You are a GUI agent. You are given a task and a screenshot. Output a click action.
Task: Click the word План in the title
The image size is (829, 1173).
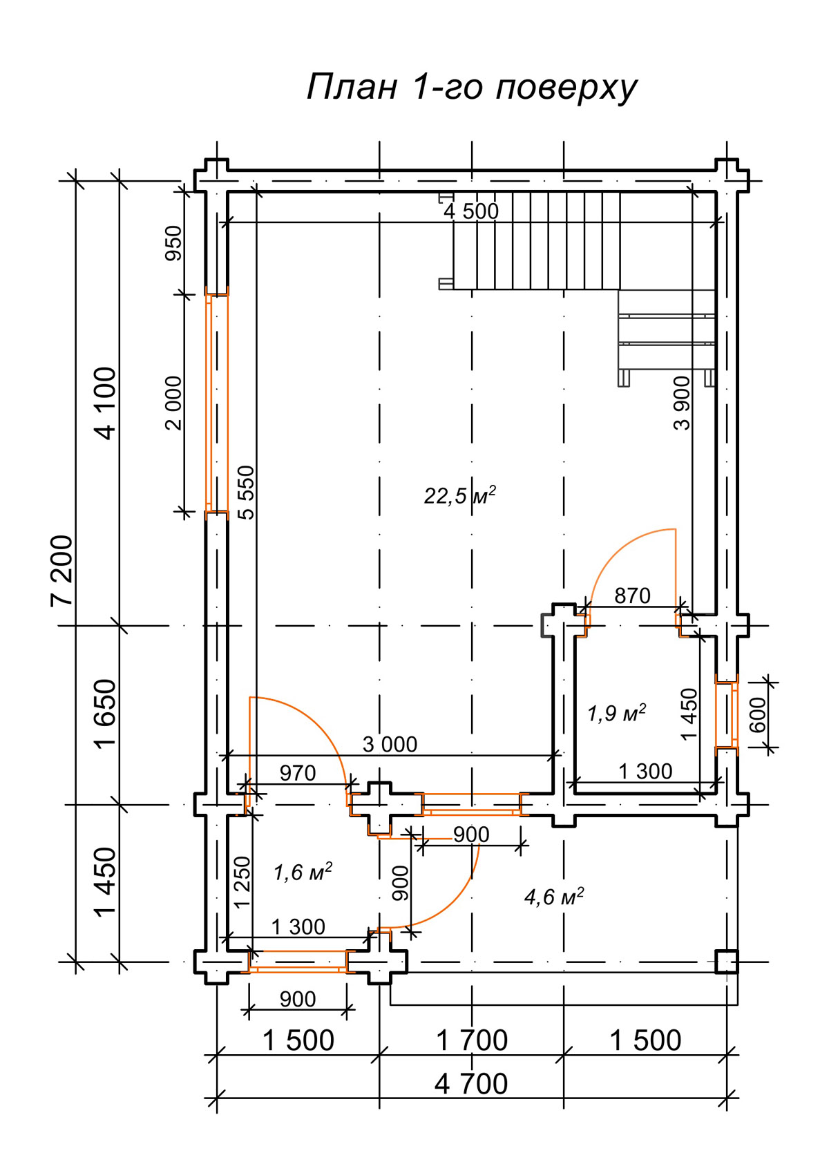(x=352, y=86)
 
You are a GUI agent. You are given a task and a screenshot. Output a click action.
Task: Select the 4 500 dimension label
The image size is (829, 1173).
(x=470, y=211)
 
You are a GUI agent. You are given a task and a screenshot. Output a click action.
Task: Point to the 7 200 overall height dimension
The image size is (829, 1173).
(x=61, y=571)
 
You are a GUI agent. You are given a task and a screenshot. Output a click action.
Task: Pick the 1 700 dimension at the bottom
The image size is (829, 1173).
(x=471, y=1040)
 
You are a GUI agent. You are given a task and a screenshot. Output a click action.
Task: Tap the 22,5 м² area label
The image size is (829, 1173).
(x=460, y=495)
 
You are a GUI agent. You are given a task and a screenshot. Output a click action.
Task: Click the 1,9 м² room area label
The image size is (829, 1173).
(x=616, y=713)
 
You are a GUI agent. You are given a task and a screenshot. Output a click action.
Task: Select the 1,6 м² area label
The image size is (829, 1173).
(x=303, y=872)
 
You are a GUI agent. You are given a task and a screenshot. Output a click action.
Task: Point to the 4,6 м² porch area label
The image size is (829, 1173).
(x=554, y=897)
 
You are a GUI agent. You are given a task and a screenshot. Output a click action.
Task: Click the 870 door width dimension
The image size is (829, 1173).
(x=632, y=596)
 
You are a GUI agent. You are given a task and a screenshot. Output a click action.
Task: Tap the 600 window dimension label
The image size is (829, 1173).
(x=758, y=715)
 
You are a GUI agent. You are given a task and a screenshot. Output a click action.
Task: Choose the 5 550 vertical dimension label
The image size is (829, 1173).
(x=246, y=493)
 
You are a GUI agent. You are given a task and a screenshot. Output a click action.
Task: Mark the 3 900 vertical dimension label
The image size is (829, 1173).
(x=683, y=403)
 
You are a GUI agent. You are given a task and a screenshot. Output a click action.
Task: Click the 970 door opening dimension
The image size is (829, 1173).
(x=298, y=773)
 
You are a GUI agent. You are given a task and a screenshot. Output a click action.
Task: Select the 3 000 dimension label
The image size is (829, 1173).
(x=390, y=744)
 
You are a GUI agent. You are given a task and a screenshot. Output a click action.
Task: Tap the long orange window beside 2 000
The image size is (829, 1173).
(x=216, y=403)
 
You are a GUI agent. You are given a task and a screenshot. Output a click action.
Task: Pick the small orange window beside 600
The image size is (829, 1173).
(x=727, y=715)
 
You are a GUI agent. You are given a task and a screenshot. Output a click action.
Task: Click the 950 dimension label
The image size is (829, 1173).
(x=173, y=243)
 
